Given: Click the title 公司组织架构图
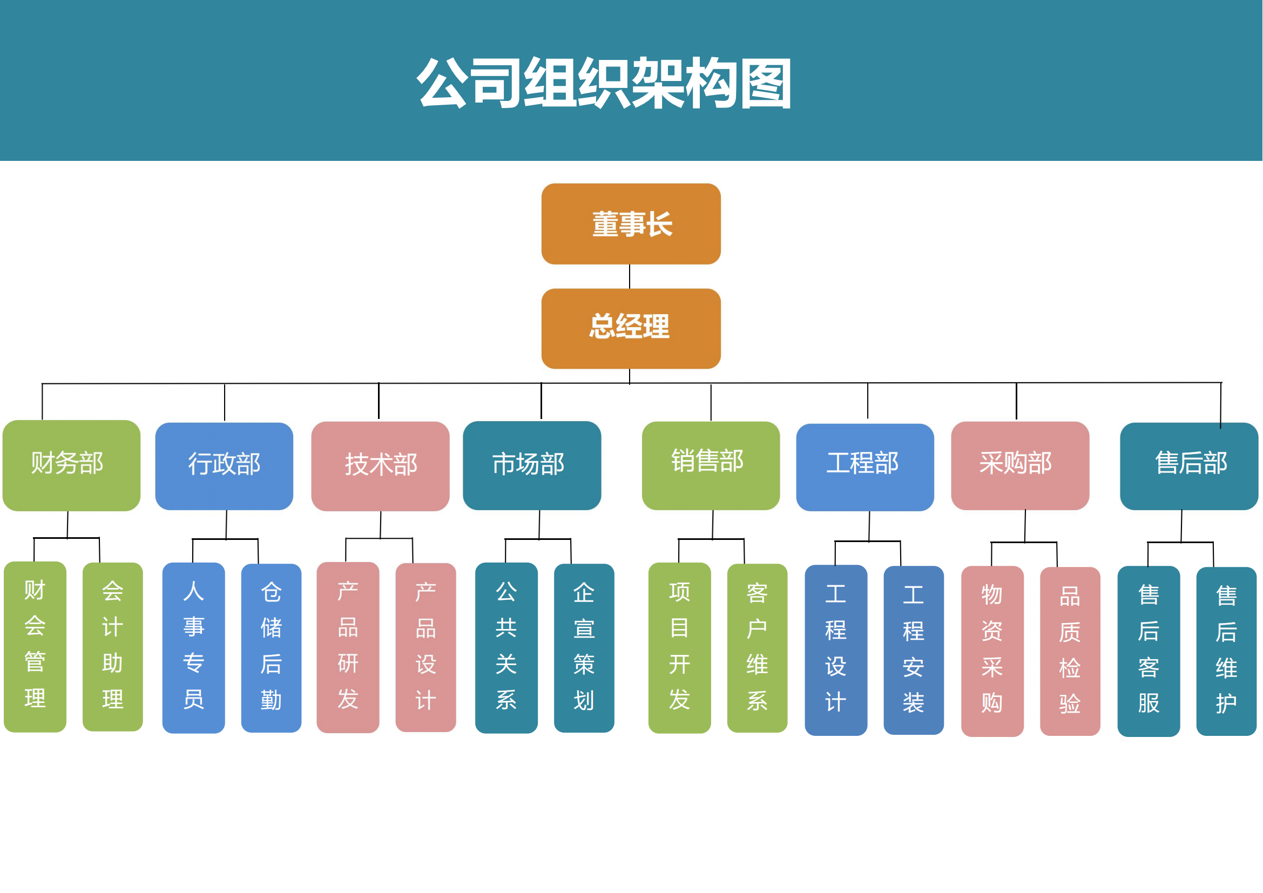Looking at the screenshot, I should [x=604, y=83].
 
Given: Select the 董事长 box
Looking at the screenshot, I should [x=631, y=224].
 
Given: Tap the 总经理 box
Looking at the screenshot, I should [x=631, y=328].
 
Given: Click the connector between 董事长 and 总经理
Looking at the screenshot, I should [x=630, y=276].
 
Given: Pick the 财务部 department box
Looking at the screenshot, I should [x=71, y=465].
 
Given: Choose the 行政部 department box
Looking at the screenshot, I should [x=224, y=466].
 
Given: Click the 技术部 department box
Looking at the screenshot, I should [x=380, y=466].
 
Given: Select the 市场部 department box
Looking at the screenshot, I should [x=532, y=465].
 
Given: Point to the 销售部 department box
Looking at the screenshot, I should [x=711, y=465].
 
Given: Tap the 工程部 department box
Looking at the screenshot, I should [x=864, y=467].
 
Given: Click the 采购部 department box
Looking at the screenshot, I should [x=1020, y=465].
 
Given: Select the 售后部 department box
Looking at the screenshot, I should [x=1188, y=466].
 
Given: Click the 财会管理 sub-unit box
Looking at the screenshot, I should [x=35, y=646].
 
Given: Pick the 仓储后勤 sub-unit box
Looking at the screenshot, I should [x=271, y=648].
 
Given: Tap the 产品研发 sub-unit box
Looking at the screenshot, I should [x=348, y=647].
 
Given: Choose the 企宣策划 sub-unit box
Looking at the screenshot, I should [x=584, y=648].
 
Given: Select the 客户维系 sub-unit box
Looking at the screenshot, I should [x=757, y=648].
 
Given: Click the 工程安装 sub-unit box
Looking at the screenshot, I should [x=913, y=650].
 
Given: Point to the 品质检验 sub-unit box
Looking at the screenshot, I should [x=1070, y=651].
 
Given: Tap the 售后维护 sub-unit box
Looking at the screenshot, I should [x=1226, y=651].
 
